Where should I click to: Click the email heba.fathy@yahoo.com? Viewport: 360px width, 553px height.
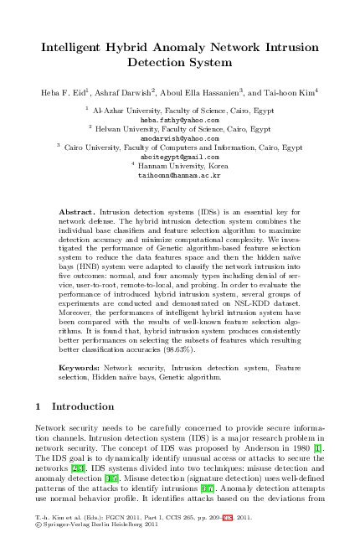179,120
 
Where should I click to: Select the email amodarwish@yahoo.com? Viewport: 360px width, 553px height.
179,138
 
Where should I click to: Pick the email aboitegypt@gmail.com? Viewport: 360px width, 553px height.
179,157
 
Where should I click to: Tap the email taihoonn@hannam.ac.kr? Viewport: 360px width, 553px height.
179,176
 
